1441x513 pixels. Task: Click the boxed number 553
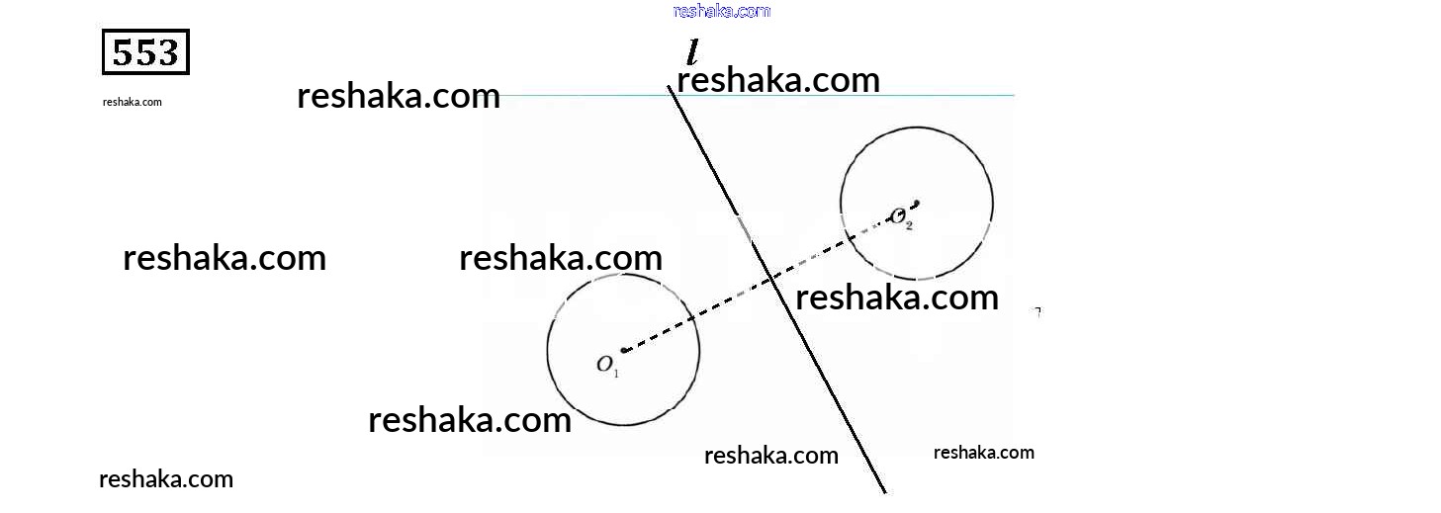click(x=145, y=52)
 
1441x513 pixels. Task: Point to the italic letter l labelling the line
click(x=693, y=51)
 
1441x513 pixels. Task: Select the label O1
click(x=606, y=365)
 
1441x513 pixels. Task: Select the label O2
click(x=901, y=217)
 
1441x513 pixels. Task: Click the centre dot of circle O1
click(x=624, y=349)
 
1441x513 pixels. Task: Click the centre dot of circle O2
click(x=917, y=204)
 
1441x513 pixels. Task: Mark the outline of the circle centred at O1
click(x=548, y=349)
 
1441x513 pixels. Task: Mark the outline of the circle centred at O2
click(x=993, y=203)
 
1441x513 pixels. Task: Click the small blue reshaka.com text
click(x=721, y=11)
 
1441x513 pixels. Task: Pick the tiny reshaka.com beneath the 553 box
click(x=132, y=102)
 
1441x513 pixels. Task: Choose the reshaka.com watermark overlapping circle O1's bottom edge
click(x=470, y=419)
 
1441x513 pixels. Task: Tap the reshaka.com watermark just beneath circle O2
click(x=896, y=297)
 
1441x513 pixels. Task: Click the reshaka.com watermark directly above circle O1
click(x=560, y=257)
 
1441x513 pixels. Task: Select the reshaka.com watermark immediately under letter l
click(x=777, y=79)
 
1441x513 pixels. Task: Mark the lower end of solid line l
click(x=883, y=489)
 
